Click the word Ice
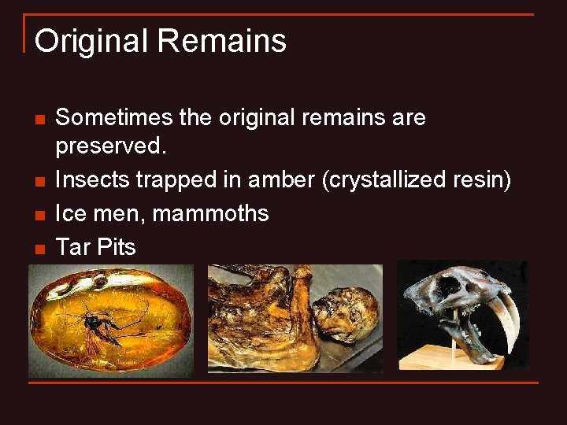pos(71,213)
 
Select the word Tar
pos(73,247)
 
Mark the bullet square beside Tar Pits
pos(39,249)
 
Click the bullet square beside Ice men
pos(39,215)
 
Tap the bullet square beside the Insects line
pos(39,183)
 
